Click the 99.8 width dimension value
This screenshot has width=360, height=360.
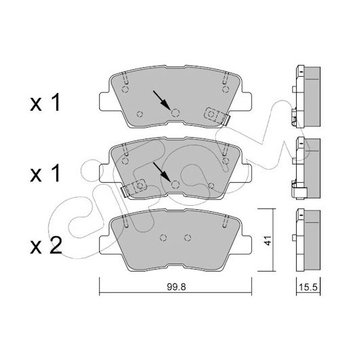[x=176, y=287]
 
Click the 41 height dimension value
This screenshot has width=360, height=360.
[x=267, y=240]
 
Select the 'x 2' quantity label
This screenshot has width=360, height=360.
[x=46, y=245]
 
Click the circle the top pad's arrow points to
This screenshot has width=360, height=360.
[x=176, y=113]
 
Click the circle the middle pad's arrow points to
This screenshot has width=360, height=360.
[x=176, y=184]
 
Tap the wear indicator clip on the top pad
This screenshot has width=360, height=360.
[x=217, y=116]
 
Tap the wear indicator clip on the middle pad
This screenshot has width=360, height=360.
[x=134, y=187]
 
